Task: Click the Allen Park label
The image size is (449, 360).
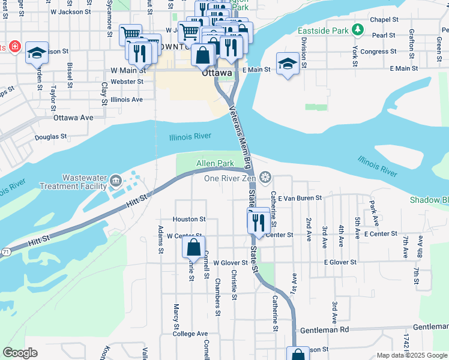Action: click(215, 163)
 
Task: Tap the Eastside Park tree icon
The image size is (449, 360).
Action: click(358, 29)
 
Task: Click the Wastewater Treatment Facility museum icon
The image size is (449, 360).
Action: click(116, 179)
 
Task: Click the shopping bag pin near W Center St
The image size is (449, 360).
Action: click(194, 247)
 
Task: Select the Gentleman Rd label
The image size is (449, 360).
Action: click(325, 330)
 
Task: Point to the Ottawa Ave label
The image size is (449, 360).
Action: click(73, 118)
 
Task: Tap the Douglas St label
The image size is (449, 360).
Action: click(50, 137)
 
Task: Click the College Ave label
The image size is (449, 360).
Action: click(190, 334)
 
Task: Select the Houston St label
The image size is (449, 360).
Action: click(189, 220)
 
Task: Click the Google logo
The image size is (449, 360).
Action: click(20, 353)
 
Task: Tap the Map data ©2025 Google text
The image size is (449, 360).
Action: click(411, 355)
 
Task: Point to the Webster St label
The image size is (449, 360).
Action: click(127, 82)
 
